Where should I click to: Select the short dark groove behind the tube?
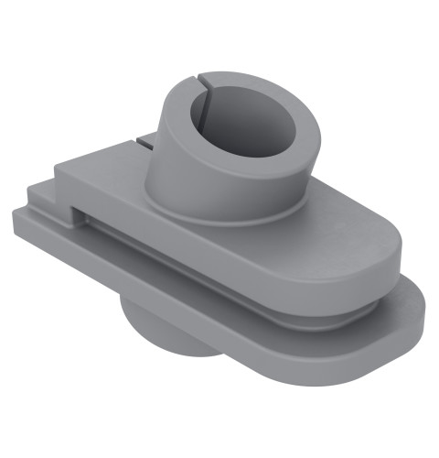(144, 141)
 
